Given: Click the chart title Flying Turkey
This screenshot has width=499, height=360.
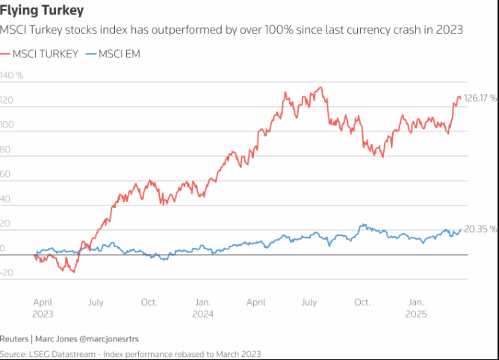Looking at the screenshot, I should coord(42,10).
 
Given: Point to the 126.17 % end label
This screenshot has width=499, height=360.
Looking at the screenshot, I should coord(480,98).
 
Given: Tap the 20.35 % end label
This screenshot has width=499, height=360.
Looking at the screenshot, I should coord(480,229).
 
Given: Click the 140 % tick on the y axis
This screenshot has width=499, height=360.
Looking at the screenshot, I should coord(12,75).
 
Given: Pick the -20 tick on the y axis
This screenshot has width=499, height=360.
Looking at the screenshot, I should coord(7,273).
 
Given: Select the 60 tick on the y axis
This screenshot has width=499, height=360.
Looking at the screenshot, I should coord(6,174).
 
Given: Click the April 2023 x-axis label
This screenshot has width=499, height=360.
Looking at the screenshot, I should coord(43,308).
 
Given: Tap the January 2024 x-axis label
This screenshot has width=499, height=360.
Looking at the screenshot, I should coord(202,308).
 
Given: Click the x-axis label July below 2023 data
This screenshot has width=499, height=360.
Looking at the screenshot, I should coord(96,302).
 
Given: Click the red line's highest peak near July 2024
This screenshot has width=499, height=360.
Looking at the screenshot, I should coord(320,87).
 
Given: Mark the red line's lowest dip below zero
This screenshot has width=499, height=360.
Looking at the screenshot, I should coord(72,271).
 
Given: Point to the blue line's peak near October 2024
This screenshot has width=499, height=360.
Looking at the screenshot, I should coord(362,224).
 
